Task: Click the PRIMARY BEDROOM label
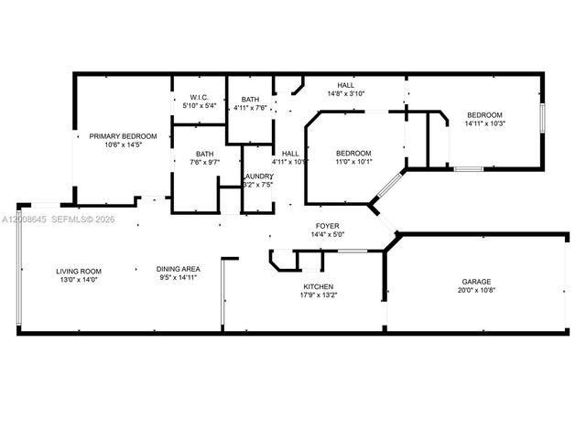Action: click(123, 136)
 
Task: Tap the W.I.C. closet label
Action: click(200, 98)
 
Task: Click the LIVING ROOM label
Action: click(79, 271)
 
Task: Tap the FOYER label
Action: click(328, 225)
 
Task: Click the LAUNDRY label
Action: click(257, 176)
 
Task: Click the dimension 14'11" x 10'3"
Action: click(484, 124)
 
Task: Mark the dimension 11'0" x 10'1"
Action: click(353, 162)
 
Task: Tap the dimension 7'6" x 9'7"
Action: click(204, 163)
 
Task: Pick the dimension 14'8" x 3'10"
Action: click(346, 93)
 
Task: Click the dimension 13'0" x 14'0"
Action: click(79, 280)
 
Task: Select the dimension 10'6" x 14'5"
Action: click(123, 145)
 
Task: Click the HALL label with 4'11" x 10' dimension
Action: click(290, 154)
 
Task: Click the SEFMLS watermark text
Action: click(71, 219)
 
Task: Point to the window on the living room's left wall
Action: click(18, 265)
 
